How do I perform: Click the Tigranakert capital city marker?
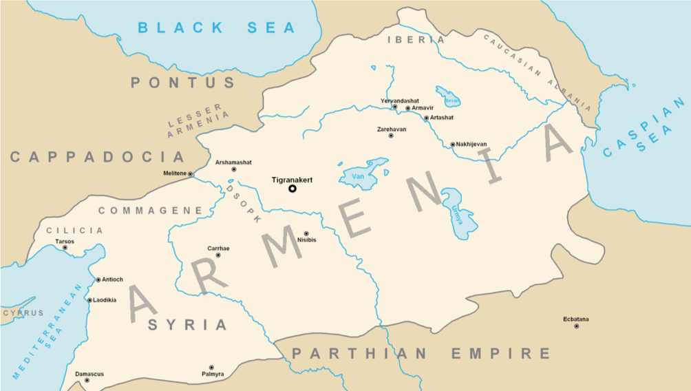292,189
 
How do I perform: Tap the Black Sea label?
217,28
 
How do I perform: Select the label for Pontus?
183,83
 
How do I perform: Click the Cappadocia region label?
97,157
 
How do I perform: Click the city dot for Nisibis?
306,233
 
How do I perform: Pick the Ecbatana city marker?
576,326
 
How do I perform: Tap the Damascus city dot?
87,381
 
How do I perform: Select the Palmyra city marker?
211,368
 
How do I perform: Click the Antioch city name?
113,279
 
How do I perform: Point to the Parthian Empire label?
421,354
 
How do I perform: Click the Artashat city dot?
426,118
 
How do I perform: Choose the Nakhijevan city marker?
452,144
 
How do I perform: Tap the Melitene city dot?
191,173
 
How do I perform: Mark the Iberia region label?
416,40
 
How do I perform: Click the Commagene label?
150,211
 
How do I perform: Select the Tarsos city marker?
65,248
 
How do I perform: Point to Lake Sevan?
449,98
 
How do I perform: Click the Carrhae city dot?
218,255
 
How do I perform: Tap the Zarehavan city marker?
391,136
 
